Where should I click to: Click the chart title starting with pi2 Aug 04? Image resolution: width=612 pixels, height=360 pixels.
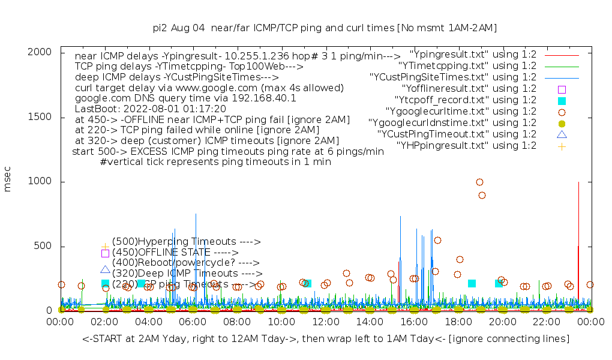(325, 28)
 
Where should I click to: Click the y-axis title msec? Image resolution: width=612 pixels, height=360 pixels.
(8, 181)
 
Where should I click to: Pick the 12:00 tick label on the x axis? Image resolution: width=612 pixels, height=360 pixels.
(325, 323)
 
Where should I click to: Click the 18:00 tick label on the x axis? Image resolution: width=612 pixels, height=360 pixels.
(458, 323)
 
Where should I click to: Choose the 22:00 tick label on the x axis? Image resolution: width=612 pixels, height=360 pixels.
(546, 323)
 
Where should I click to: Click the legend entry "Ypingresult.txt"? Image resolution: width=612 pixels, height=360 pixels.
(473, 55)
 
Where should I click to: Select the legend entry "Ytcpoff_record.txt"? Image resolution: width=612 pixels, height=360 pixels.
(466, 100)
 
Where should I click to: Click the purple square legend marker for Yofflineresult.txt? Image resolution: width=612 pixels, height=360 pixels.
(562, 89)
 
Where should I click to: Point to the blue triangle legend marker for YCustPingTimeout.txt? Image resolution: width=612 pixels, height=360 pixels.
(562, 134)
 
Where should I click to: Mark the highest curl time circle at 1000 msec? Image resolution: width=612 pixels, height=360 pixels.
(479, 182)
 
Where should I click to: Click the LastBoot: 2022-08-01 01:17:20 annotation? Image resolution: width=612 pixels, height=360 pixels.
(151, 109)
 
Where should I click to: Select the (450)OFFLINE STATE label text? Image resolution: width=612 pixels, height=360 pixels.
(175, 253)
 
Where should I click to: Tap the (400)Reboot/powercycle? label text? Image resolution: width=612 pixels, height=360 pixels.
(185, 263)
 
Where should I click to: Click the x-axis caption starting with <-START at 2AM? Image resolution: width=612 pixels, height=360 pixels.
(326, 339)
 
